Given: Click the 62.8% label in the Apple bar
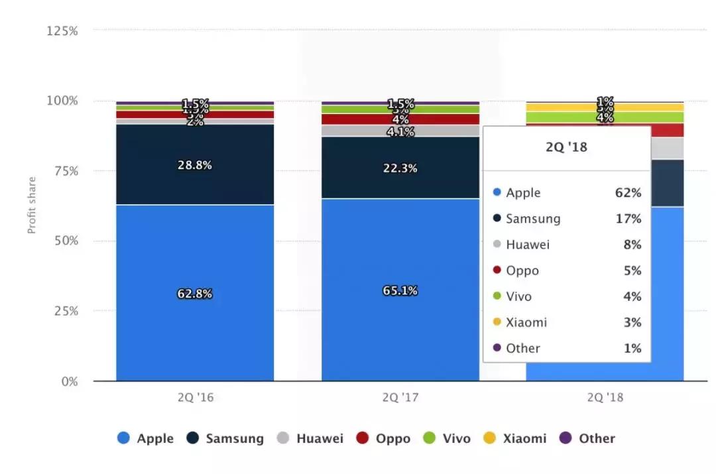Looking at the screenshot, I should click(194, 294).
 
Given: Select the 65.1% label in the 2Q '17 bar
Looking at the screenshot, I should click(400, 290).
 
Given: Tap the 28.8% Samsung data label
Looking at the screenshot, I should click(194, 165).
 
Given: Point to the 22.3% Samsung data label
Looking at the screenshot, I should click(400, 168).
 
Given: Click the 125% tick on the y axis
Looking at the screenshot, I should click(62, 30).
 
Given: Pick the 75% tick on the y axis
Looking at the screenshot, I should click(65, 170).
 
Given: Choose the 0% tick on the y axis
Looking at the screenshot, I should click(69, 381).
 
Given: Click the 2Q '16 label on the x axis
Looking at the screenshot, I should click(195, 398).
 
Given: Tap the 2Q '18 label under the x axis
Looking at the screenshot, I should click(605, 398).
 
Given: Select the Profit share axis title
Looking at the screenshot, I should click(32, 205).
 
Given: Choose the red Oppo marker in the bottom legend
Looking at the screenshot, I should click(363, 438).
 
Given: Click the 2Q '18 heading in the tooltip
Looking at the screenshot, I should click(566, 147).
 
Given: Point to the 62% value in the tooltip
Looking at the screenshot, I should click(628, 193).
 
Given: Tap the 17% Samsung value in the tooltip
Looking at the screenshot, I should click(628, 219).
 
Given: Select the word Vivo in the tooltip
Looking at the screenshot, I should click(518, 296).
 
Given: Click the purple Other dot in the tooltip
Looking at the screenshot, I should click(497, 348).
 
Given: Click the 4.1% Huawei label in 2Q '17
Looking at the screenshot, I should click(400, 132).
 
